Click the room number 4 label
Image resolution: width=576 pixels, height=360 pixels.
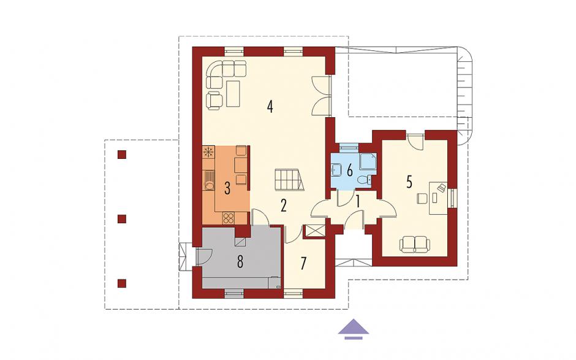tap(270, 107)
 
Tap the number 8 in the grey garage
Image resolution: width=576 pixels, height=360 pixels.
tap(240, 262)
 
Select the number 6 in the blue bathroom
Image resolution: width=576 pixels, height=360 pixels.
tap(349, 170)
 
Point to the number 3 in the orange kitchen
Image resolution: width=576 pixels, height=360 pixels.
tap(227, 189)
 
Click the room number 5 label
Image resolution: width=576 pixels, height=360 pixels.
tap(409, 182)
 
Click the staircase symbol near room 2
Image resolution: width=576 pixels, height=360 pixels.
tap(290, 180)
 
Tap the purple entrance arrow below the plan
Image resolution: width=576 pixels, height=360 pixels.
tap(354, 328)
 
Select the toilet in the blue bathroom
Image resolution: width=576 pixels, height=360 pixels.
tap(364, 180)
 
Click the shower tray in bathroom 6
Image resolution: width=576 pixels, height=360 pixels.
tap(366, 161)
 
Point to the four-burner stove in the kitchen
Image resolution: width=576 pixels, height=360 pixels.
tap(228, 218)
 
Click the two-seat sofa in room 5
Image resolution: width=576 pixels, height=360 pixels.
tap(415, 245)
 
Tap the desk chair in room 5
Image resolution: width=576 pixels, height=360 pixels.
tap(421, 199)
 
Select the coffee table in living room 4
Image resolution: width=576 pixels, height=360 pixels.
tap(233, 94)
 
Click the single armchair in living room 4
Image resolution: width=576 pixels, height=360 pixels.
tap(215, 101)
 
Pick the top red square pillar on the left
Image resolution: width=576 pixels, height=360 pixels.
tap(122, 155)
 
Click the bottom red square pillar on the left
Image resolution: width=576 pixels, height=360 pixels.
tap(122, 283)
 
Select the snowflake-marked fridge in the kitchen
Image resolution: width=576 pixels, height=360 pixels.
tap(208, 152)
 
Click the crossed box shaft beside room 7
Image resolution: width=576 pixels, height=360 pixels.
tap(316, 231)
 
